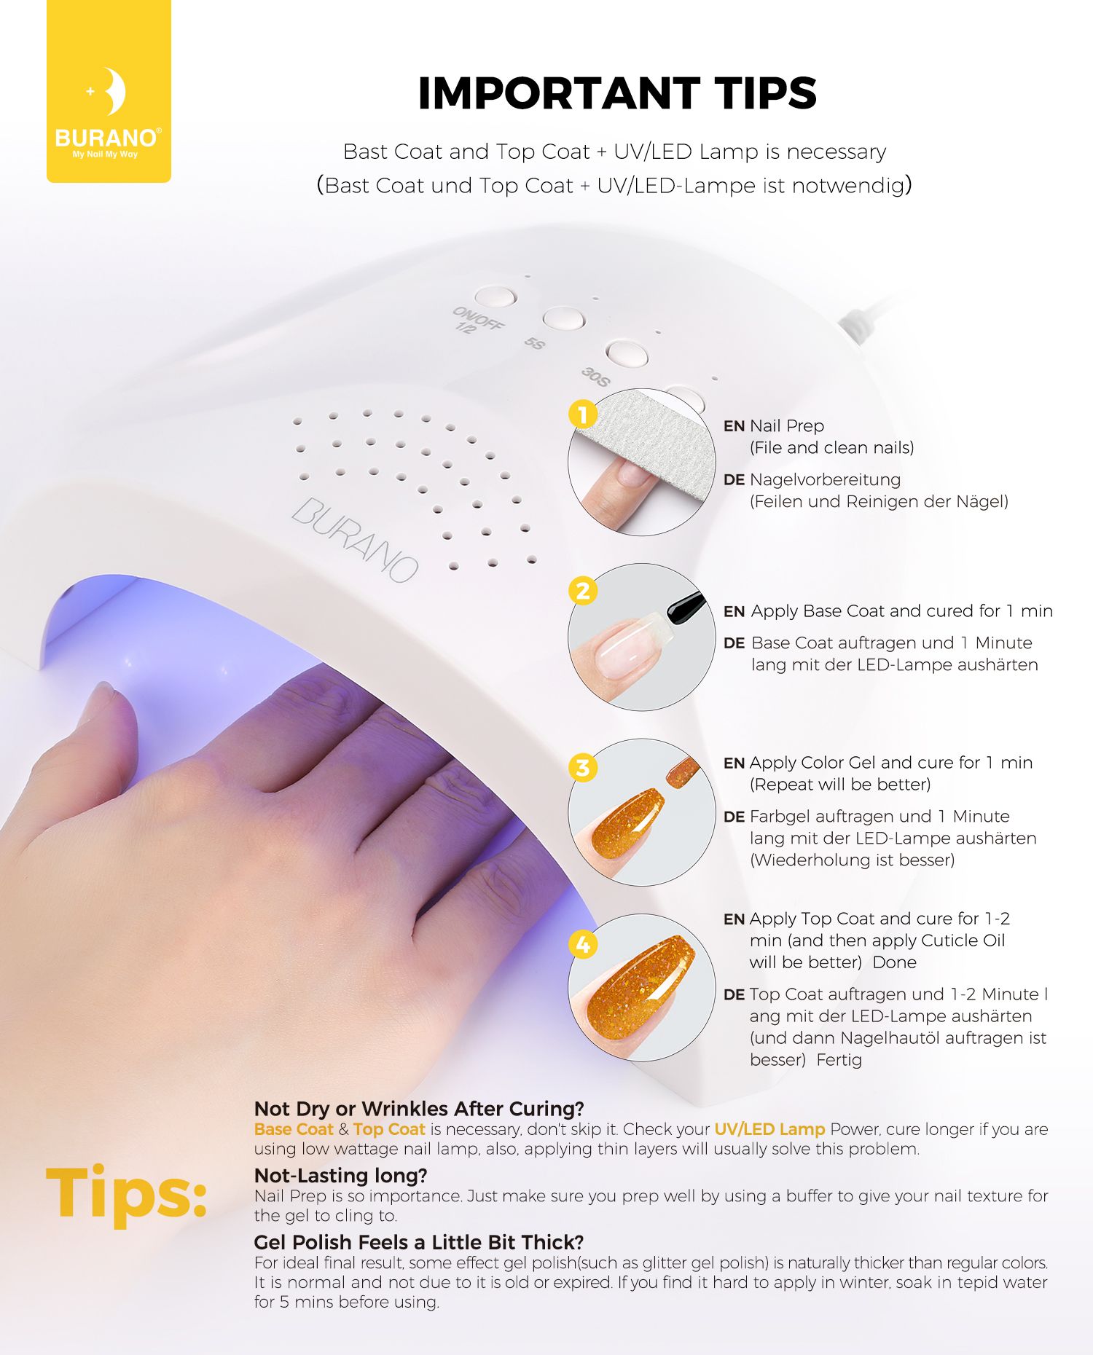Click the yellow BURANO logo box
(x=109, y=91)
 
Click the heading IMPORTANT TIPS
(x=617, y=93)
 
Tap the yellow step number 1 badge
(x=583, y=415)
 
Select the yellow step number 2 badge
(x=583, y=591)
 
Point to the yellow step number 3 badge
(x=583, y=768)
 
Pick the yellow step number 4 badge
(x=583, y=945)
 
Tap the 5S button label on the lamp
(x=535, y=342)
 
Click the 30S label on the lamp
(x=595, y=377)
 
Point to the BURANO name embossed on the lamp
(x=355, y=540)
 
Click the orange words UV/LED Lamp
(x=769, y=1129)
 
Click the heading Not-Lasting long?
(x=340, y=1175)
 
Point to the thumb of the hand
(x=102, y=728)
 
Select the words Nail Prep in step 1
(x=787, y=426)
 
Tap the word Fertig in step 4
(x=839, y=1060)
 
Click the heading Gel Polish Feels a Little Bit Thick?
(x=419, y=1242)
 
